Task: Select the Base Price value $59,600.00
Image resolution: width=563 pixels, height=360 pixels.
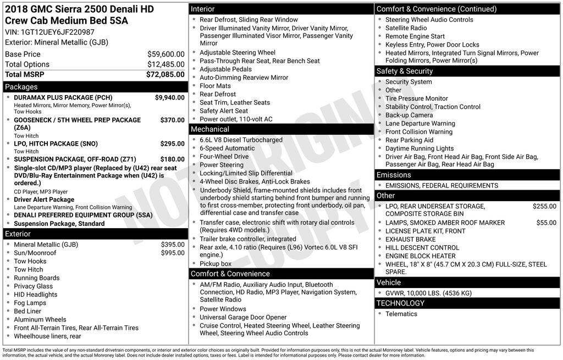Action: pyautogui.click(x=165, y=54)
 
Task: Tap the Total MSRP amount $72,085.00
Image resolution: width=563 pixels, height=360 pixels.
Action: pyautogui.click(x=165, y=74)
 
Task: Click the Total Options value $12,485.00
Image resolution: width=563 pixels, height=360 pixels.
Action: pyautogui.click(x=165, y=64)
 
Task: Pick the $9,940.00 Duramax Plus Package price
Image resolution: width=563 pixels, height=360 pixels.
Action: pyautogui.click(x=169, y=98)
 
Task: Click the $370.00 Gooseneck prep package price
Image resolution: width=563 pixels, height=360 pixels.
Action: pyautogui.click(x=172, y=120)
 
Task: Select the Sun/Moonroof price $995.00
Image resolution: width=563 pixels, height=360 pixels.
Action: pyautogui.click(x=173, y=253)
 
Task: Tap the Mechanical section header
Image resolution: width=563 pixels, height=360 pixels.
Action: pyautogui.click(x=209, y=129)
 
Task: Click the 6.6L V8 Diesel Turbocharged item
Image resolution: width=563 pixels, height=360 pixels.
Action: pyautogui.click(x=241, y=140)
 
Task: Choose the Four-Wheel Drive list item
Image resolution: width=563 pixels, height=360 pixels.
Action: pyautogui.click(x=224, y=157)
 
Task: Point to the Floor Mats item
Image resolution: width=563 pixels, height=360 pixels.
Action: pyautogui.click(x=215, y=86)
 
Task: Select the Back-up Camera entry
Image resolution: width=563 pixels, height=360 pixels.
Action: pyautogui.click(x=409, y=115)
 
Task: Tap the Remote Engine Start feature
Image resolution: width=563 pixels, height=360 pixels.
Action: pyautogui.click(x=415, y=36)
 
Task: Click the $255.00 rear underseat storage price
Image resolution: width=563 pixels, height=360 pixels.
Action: pyautogui.click(x=544, y=207)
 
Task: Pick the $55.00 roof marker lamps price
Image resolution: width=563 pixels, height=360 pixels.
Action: pyautogui.click(x=546, y=223)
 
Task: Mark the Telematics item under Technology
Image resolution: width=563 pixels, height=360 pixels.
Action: pyautogui.click(x=401, y=314)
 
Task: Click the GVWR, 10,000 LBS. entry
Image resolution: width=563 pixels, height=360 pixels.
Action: pyautogui.click(x=428, y=293)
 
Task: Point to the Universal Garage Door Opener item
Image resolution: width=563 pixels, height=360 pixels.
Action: pyautogui.click(x=243, y=317)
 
